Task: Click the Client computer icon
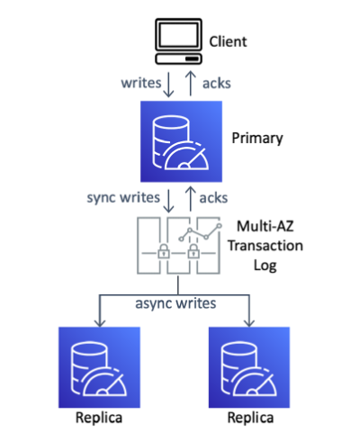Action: point(178,41)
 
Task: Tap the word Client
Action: point(228,41)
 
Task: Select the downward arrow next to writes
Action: point(168,85)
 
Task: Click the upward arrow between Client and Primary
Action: point(191,84)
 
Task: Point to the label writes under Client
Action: point(141,83)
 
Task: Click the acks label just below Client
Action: point(217,84)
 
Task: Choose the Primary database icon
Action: point(181,141)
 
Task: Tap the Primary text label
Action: point(257,139)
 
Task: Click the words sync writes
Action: point(123,198)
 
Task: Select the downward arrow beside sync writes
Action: point(168,201)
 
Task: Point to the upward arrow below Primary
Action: point(191,199)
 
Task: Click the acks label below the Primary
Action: point(213,198)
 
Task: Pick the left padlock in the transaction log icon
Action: point(164,251)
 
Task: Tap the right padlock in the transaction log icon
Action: point(193,251)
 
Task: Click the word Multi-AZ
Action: point(265,226)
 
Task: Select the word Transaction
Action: point(265,246)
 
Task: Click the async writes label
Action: point(175,303)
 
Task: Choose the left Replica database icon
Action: point(99,367)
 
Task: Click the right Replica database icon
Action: point(249,367)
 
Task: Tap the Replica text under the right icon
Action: point(250,418)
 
